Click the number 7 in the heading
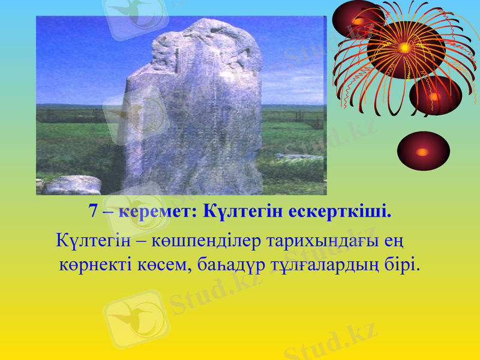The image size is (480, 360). click(94, 212)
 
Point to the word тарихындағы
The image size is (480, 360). click(311, 242)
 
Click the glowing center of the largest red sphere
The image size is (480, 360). click(406, 47)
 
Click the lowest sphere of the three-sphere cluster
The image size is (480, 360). click(434, 95)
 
